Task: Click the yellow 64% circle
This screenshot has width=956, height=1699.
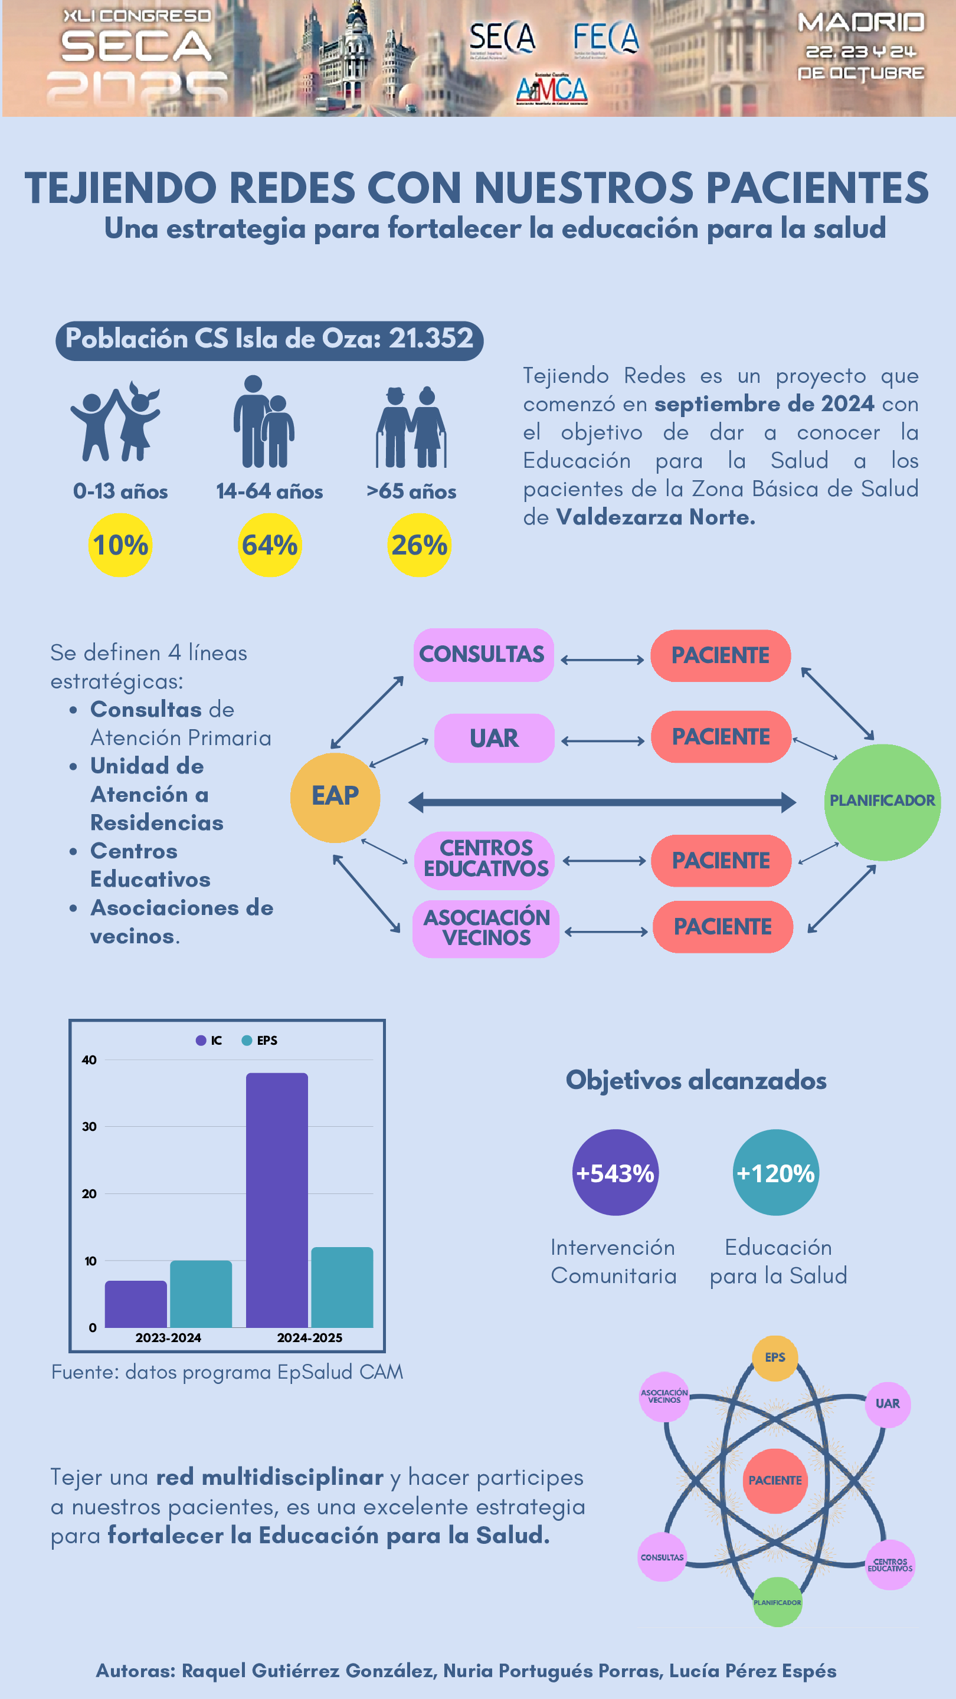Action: pyautogui.click(x=270, y=546)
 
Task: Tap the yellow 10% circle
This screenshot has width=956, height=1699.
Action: pyautogui.click(x=120, y=546)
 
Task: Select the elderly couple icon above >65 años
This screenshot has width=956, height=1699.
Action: pyautogui.click(x=411, y=427)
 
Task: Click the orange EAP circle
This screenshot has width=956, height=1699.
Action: pyautogui.click(x=335, y=798)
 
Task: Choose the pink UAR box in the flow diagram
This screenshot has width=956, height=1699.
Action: pyautogui.click(x=494, y=738)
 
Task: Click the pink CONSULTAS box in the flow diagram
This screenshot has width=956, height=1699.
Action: pyautogui.click(x=483, y=655)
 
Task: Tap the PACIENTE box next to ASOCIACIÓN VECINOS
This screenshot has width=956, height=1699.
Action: pyautogui.click(x=722, y=927)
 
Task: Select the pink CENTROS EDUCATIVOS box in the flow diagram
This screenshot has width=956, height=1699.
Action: pyautogui.click(x=485, y=860)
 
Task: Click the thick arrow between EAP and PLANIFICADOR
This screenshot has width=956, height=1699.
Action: pyautogui.click(x=602, y=802)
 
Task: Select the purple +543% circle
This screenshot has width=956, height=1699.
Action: pyautogui.click(x=615, y=1173)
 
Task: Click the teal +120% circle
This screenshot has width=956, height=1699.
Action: pyautogui.click(x=775, y=1173)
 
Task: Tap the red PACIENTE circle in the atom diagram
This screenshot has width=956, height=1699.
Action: pyautogui.click(x=775, y=1481)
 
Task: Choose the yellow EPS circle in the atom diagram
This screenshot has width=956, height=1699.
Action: pyautogui.click(x=775, y=1357)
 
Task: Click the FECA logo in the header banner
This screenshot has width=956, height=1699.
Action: pyautogui.click(x=605, y=38)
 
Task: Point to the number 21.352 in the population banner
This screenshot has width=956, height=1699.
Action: pyautogui.click(x=431, y=339)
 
